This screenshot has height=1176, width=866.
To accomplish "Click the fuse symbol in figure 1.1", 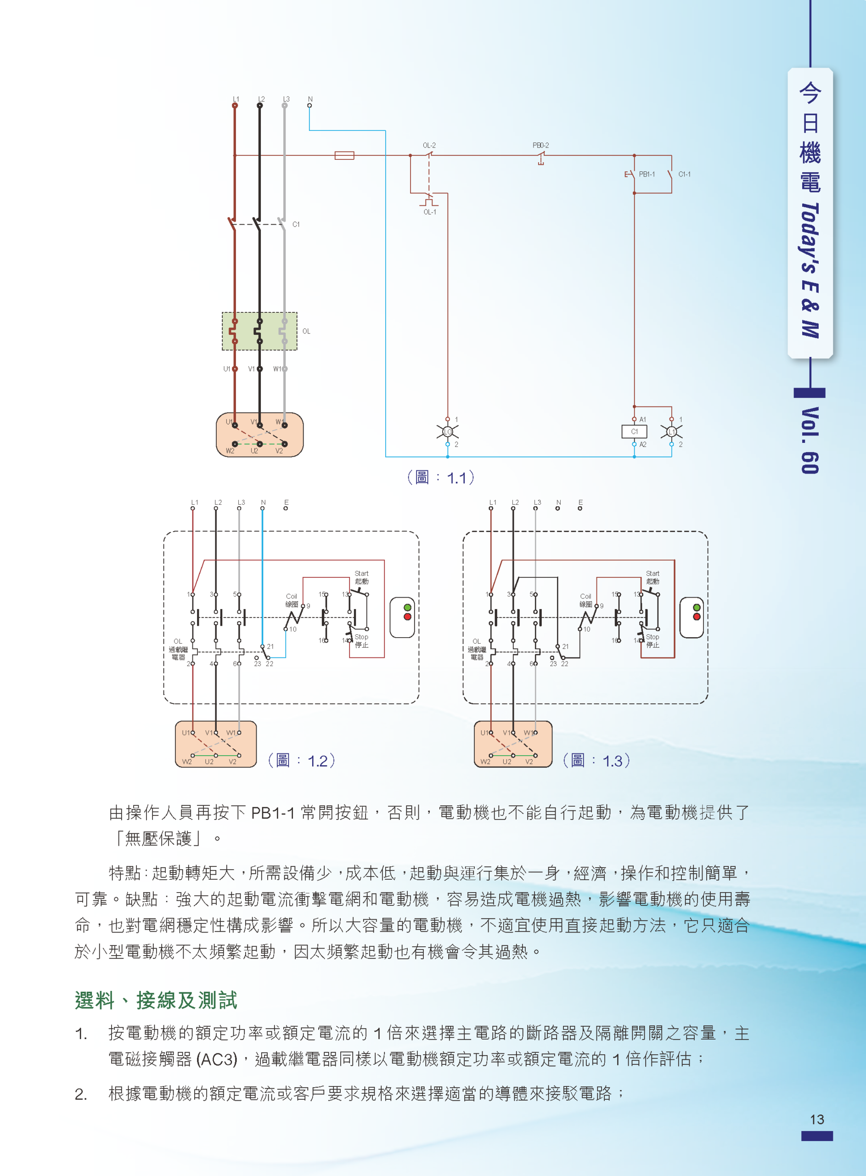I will [344, 155].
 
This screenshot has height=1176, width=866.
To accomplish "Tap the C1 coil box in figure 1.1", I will [634, 431].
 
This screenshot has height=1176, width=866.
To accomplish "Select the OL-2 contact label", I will [429, 145].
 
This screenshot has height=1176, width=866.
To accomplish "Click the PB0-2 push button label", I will [540, 145].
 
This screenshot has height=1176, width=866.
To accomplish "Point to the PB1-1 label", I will [647, 174].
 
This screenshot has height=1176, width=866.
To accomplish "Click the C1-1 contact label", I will [684, 174].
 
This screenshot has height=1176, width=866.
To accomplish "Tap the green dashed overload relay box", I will [259, 331].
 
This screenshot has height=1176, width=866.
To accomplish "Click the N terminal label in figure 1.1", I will [310, 99].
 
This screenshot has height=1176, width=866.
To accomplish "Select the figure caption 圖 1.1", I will [441, 477].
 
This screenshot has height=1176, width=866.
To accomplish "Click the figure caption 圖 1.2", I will [301, 760].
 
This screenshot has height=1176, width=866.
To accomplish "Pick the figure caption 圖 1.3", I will [596, 760].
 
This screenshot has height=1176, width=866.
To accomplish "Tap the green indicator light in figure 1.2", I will [407, 607].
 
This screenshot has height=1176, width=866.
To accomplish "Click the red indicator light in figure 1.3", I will [696, 616].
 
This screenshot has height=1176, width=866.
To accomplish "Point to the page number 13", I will [817, 1119].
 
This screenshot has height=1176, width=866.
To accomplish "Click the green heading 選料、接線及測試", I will [156, 1001].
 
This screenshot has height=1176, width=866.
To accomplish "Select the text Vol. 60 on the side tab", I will [810, 441].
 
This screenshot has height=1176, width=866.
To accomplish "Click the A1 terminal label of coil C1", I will [643, 419].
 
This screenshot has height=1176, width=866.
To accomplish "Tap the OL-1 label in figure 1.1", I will [429, 212].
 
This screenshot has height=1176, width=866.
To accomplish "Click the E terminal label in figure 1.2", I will [286, 502].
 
